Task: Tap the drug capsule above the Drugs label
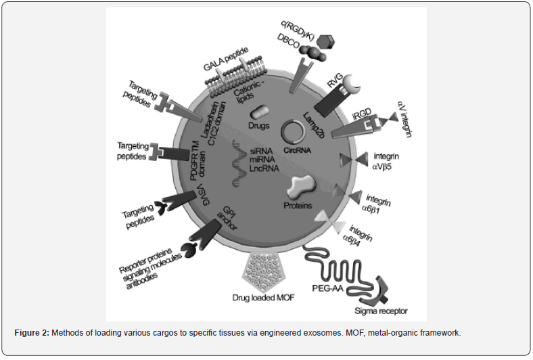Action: pos(260,112)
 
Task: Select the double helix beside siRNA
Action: pos(239,163)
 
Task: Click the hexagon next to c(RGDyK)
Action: pos(325,42)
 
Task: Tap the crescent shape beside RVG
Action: pos(350,85)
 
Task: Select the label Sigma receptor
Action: pos(381,311)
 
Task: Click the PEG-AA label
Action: pos(327,288)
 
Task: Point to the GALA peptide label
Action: pos(226,59)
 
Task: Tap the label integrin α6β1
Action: pos(377,204)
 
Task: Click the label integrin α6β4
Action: pos(357,235)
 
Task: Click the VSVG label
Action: pos(204,194)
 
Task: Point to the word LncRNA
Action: pos(264,168)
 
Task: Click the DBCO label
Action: pos(288,41)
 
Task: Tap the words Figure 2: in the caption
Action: pos(32,333)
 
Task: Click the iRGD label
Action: pos(362,114)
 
